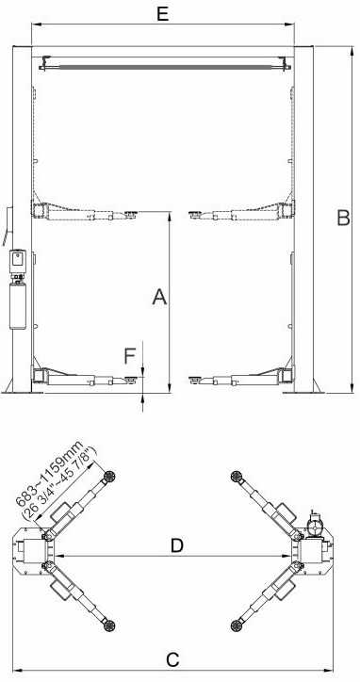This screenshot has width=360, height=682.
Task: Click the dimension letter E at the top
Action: [x=162, y=14]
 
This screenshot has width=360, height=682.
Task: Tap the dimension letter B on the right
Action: [x=343, y=218]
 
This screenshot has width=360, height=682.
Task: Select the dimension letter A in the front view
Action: [x=160, y=297]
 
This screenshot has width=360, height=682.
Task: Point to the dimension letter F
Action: [x=129, y=356]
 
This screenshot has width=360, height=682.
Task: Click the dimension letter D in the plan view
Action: [x=176, y=545]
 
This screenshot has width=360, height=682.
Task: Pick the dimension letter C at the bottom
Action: [x=172, y=659]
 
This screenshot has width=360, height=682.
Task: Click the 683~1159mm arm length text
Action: [x=49, y=474]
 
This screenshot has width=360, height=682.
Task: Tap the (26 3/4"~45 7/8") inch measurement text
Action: [x=60, y=483]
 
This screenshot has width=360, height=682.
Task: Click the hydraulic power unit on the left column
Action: [x=18, y=289]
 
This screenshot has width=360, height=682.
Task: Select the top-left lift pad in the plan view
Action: [x=108, y=476]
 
